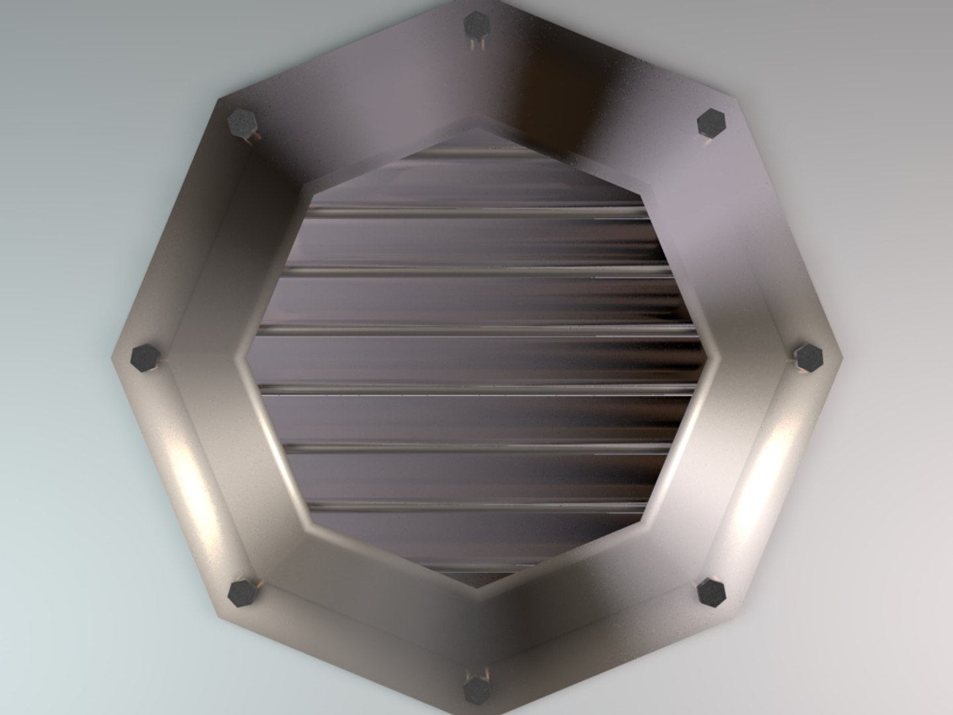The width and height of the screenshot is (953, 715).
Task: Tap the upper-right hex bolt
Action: pos(712,123)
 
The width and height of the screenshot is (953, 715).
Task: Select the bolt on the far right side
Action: pos(808,358)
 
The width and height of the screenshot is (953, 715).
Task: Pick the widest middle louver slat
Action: pos(476,358)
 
